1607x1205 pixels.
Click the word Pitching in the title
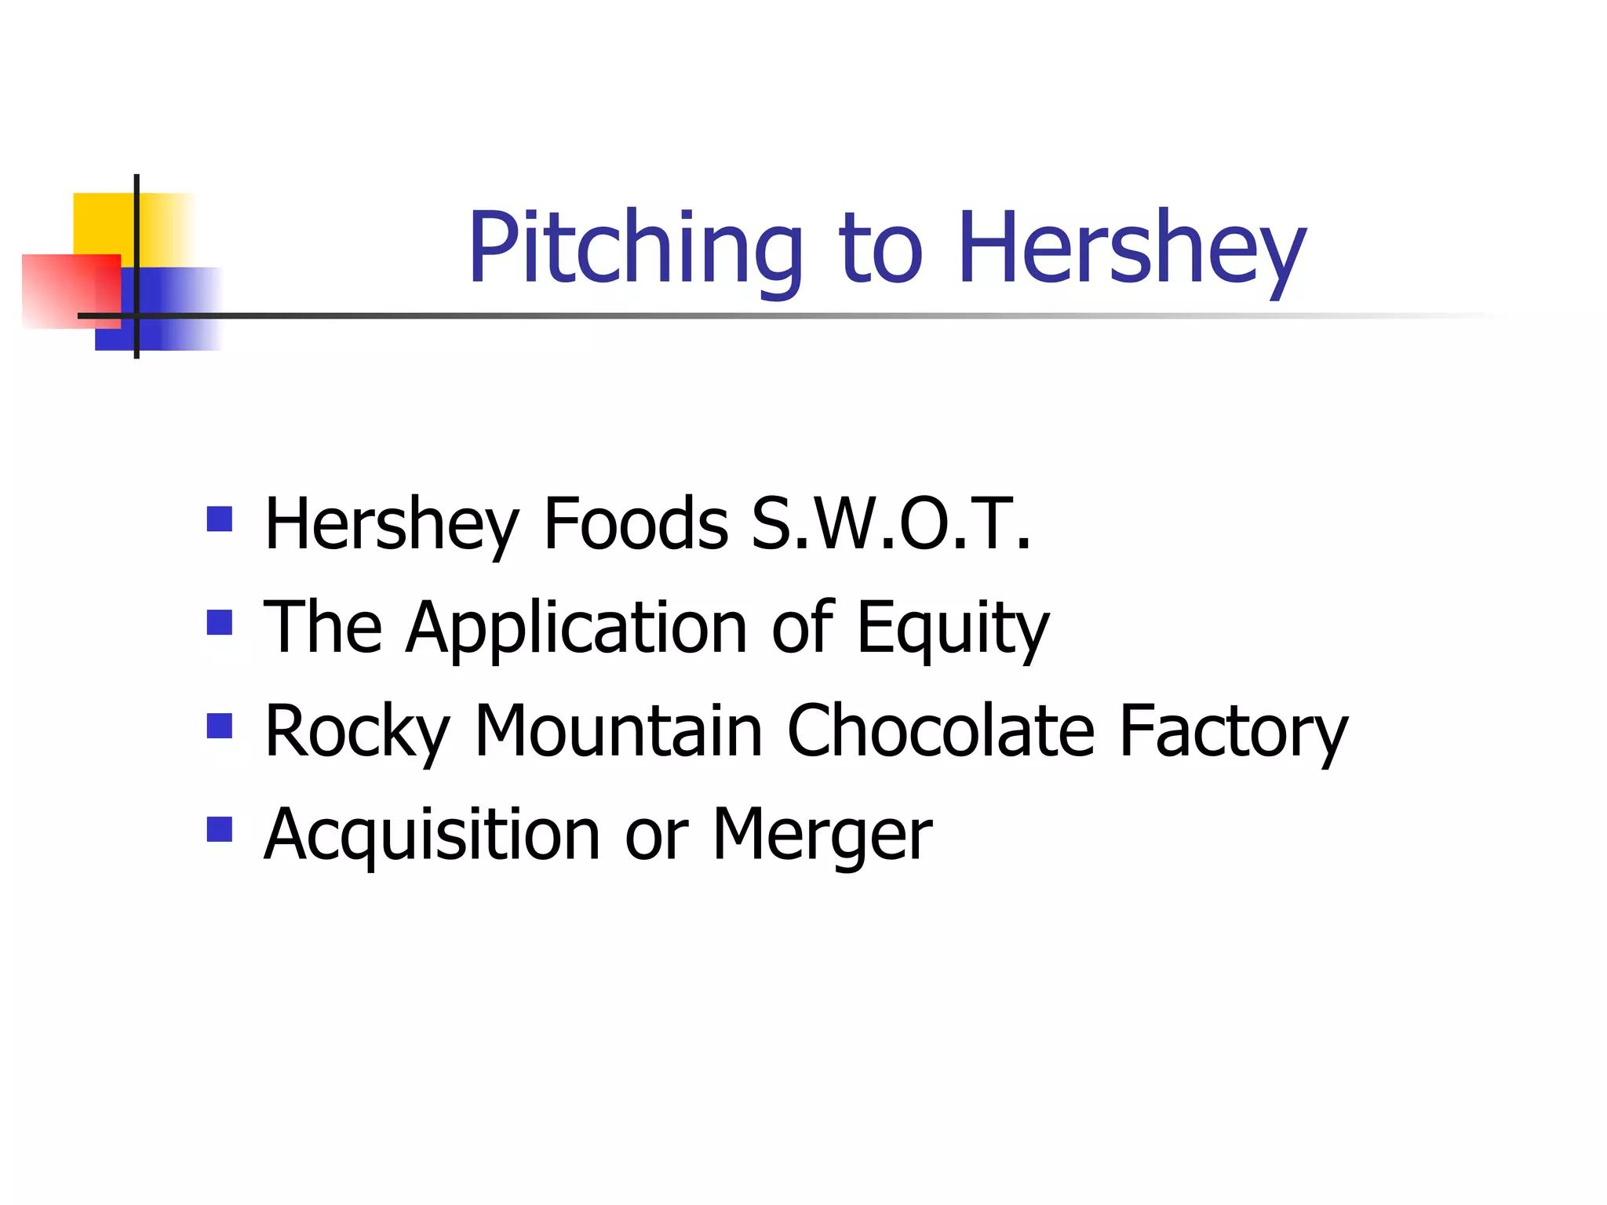[635, 249]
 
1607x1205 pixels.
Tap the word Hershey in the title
[1131, 249]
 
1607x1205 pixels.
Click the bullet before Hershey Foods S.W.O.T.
[220, 519]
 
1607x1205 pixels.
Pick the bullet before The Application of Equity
[220, 623]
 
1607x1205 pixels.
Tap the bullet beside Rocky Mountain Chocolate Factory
[220, 726]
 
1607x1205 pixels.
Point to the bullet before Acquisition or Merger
[220, 830]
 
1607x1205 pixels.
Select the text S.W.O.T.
[891, 524]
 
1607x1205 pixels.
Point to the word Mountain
[618, 731]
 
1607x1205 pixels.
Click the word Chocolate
[940, 731]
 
